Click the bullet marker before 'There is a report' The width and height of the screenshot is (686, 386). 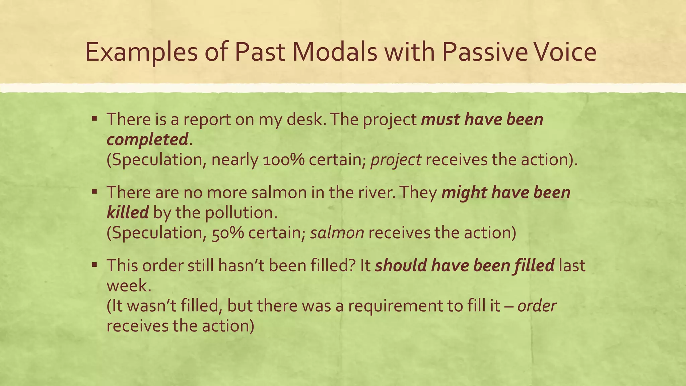(x=94, y=119)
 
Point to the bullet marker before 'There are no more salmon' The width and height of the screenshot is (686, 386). (x=94, y=192)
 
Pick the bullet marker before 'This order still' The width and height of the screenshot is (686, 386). (x=94, y=265)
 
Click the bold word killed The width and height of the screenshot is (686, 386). (x=128, y=212)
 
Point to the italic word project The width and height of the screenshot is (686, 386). (x=396, y=160)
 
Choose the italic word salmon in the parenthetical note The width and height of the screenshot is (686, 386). (x=337, y=233)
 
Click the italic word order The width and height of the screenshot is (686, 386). (x=537, y=306)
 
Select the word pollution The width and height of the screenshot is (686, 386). (x=241, y=212)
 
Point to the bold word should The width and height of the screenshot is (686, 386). (x=400, y=265)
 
